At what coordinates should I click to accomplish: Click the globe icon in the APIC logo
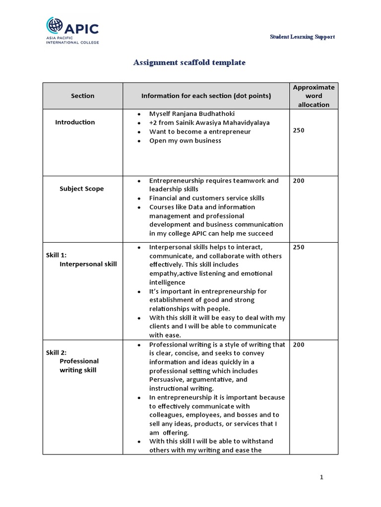(x=55, y=26)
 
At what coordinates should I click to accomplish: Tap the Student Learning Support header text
(x=302, y=37)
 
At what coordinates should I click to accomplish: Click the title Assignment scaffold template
(x=190, y=63)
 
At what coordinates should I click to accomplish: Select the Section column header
(x=82, y=96)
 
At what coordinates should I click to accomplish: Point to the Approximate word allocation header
(x=314, y=96)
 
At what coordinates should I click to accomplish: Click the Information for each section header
(x=206, y=96)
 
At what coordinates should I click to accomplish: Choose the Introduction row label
(x=75, y=122)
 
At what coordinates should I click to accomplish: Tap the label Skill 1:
(x=56, y=255)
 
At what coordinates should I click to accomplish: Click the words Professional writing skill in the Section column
(x=79, y=365)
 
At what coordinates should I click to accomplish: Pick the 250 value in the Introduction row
(x=299, y=130)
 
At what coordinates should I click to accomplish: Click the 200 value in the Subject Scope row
(x=299, y=181)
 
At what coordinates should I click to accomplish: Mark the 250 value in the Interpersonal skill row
(x=299, y=247)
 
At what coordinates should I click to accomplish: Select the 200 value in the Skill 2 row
(x=299, y=345)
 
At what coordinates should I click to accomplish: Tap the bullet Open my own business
(x=185, y=141)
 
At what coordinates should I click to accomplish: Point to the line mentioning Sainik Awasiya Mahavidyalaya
(x=209, y=123)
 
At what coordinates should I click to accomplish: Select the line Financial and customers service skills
(x=206, y=198)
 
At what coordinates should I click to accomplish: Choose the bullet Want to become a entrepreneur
(x=200, y=132)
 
